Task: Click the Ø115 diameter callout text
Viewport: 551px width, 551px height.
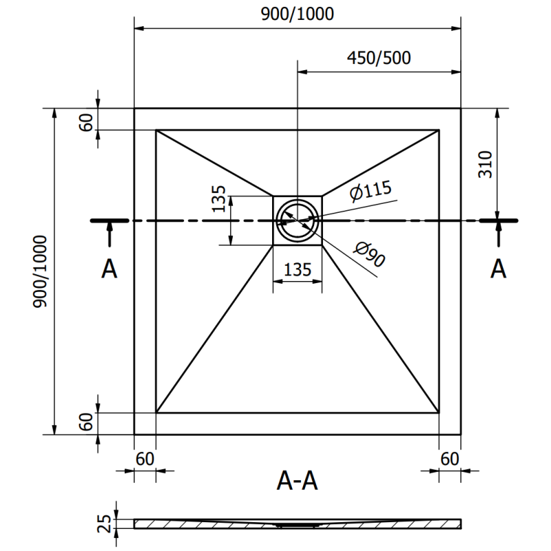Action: pos(369,192)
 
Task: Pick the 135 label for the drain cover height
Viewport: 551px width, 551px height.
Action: pos(219,199)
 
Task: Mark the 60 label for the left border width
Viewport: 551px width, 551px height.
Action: pos(145,457)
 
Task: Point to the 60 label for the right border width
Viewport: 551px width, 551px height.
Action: pos(449,457)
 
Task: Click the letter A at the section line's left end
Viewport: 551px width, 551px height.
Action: pos(109,269)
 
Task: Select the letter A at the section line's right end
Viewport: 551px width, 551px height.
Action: pos(498,269)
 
